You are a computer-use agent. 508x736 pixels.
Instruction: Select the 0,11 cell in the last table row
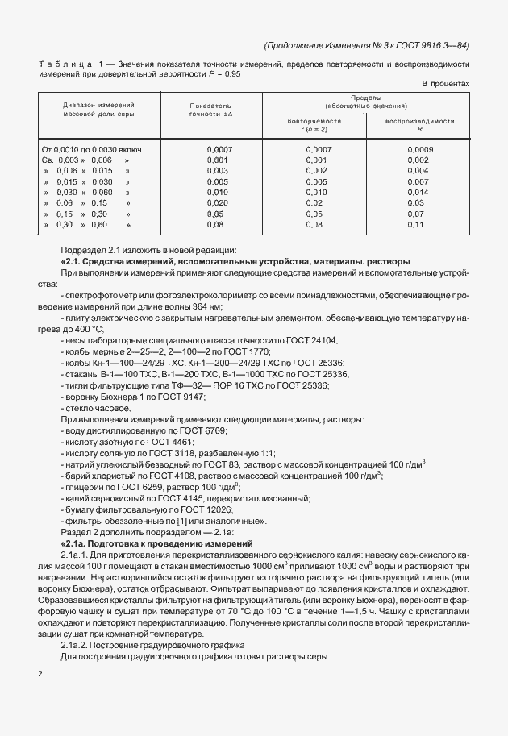tap(416, 225)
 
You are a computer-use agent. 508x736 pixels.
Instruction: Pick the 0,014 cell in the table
tap(418, 193)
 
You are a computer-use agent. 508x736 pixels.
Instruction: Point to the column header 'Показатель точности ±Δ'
tap(210, 110)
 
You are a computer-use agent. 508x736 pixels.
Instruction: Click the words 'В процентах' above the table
tap(445, 84)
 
